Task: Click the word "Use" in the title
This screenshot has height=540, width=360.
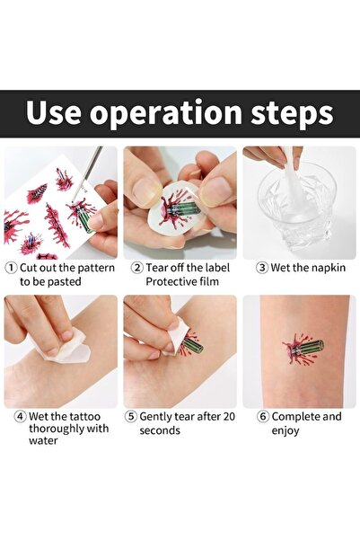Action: pyautogui.click(x=57, y=115)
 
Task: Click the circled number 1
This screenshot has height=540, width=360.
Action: pyautogui.click(x=11, y=268)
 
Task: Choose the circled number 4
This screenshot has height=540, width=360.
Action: pyautogui.click(x=11, y=417)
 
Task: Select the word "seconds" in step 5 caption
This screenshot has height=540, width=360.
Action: pyautogui.click(x=163, y=430)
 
